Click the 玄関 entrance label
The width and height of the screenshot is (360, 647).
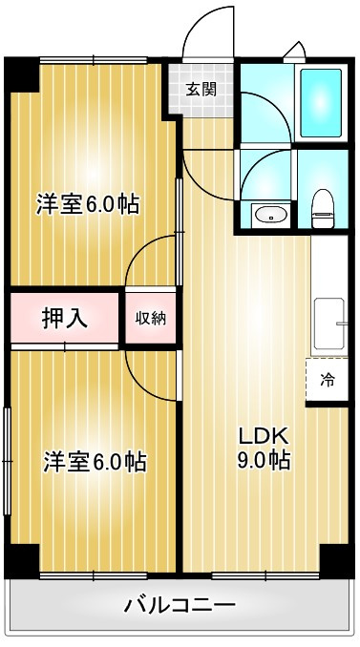pyautogui.click(x=201, y=91)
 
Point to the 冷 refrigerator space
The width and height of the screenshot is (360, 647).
pyautogui.click(x=327, y=381)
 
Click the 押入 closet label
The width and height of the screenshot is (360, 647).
pyautogui.click(x=65, y=318)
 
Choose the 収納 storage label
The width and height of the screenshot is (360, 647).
pyautogui.click(x=150, y=318)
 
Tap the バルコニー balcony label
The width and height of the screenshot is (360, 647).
pyautogui.click(x=180, y=605)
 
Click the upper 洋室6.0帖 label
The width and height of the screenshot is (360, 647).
pyautogui.click(x=88, y=204)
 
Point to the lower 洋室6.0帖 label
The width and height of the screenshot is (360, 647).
pyautogui.click(x=94, y=463)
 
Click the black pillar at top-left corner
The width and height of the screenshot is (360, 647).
pyautogui.click(x=22, y=74)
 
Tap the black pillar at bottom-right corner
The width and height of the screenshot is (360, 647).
pyautogui.click(x=335, y=559)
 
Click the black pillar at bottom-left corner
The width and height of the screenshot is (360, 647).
pyautogui.click(x=21, y=560)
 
